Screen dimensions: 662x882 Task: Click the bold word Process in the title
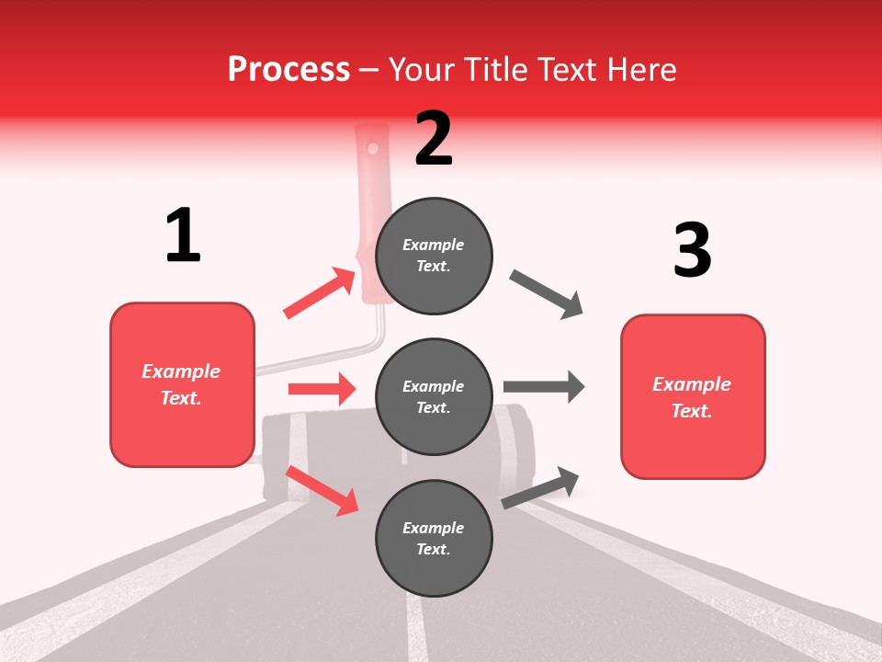288,70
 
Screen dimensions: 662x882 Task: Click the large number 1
183,235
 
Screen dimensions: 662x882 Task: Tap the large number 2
434,139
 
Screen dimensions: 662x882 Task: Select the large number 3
692,250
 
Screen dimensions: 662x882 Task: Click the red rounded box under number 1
182,384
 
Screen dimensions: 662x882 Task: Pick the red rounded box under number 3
693,396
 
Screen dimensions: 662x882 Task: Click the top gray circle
434,256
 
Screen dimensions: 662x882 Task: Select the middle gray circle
434,396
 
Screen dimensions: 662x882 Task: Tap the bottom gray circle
434,538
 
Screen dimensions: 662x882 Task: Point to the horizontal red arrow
322,389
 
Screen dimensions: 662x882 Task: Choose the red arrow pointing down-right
322,490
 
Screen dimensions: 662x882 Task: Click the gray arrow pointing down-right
547,294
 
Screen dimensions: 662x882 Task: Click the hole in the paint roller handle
372,147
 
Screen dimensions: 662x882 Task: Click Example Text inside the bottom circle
434,538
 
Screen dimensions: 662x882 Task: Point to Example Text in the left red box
181,384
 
